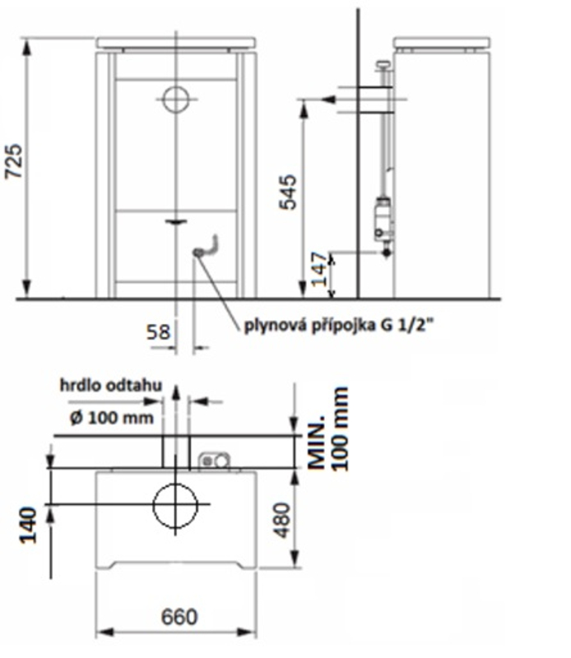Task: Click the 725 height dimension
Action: pyautogui.click(x=13, y=161)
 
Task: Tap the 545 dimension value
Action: pyautogui.click(x=288, y=192)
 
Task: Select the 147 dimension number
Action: pyautogui.click(x=320, y=270)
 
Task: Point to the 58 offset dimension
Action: pyautogui.click(x=158, y=332)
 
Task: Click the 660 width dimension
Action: pyautogui.click(x=179, y=616)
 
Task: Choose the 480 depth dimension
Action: pyautogui.click(x=282, y=521)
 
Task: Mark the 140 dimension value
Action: pyautogui.click(x=29, y=526)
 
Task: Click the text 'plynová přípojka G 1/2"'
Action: pyautogui.click(x=338, y=325)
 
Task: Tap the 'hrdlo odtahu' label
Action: pyautogui.click(x=111, y=385)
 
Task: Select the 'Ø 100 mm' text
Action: pyautogui.click(x=112, y=418)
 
